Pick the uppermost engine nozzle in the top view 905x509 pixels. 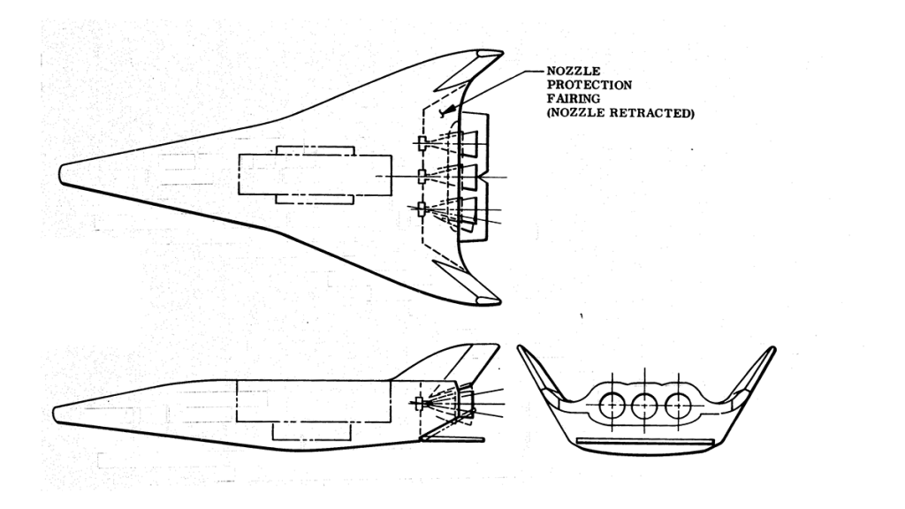[463, 141]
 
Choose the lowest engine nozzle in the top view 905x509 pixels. [464, 211]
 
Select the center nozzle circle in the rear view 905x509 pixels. [645, 406]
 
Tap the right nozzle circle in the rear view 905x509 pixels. [680, 406]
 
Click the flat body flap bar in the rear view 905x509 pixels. [644, 440]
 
